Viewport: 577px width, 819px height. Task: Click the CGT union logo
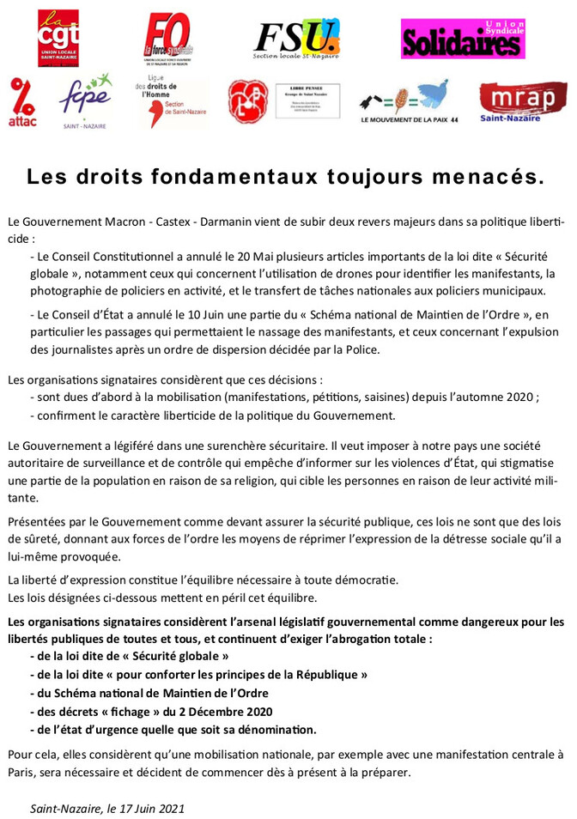coord(58,38)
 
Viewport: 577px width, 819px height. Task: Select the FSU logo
coord(297,39)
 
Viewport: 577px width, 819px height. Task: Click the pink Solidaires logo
coord(463,39)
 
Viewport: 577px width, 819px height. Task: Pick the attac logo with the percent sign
coord(24,102)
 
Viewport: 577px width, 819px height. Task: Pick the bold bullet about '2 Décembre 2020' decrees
coord(151,711)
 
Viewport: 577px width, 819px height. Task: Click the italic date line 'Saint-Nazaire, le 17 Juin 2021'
coord(107,808)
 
